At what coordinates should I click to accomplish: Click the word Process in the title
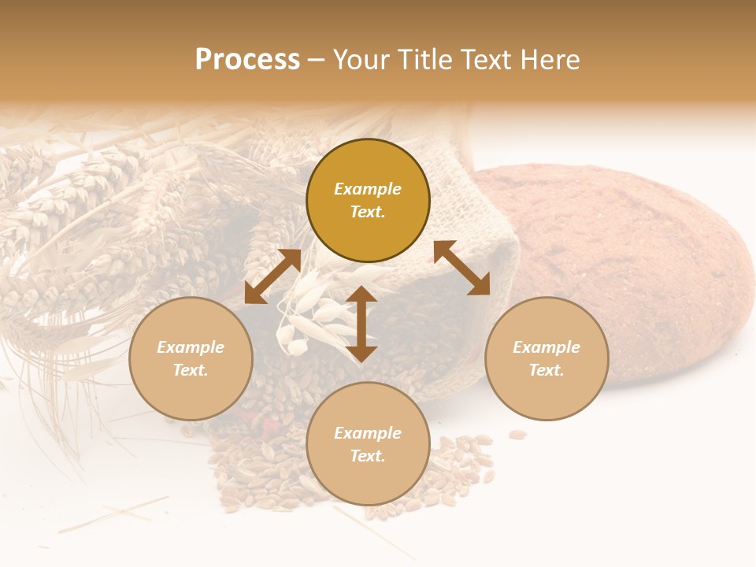[x=247, y=60]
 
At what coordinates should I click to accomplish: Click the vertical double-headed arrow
[x=361, y=324]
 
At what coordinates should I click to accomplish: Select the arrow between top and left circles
[x=272, y=276]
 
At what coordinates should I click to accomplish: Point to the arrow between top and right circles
[x=461, y=268]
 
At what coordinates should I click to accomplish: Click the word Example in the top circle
[x=368, y=189]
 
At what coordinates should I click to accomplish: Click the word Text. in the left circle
[x=191, y=370]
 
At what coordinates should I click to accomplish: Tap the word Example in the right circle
[x=547, y=347]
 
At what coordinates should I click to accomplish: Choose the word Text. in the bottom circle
[x=368, y=456]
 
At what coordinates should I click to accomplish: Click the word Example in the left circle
[x=191, y=347]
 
